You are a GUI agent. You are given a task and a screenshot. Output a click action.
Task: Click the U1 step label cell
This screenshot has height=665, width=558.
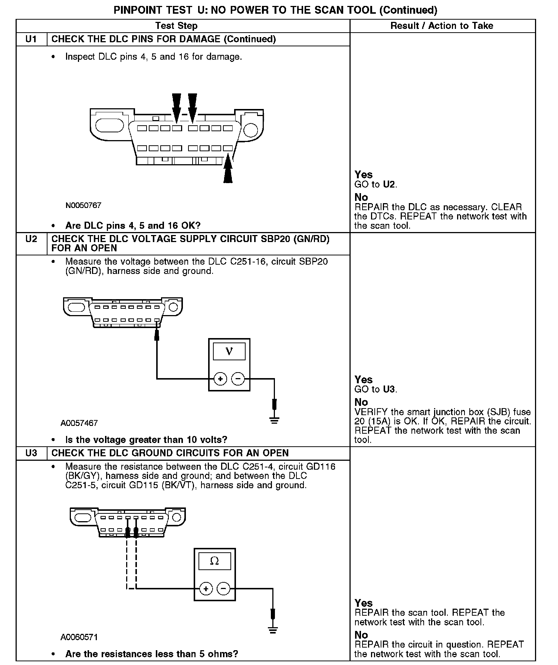pos(31,39)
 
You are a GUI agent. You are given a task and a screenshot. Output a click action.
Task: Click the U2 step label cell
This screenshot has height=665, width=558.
pos(31,239)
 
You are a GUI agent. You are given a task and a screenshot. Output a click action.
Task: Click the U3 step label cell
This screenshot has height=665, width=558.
pos(31,453)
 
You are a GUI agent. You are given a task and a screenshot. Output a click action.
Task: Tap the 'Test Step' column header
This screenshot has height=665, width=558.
pos(176,26)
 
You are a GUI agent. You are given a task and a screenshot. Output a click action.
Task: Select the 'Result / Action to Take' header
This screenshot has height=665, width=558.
pos(442,26)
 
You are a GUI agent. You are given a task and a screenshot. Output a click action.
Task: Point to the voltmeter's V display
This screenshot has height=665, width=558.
pos(229,351)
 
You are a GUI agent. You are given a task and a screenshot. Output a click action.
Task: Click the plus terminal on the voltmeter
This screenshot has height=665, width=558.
pos(220,379)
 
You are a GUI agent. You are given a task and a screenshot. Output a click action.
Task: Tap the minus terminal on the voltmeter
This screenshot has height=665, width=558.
pos(238,379)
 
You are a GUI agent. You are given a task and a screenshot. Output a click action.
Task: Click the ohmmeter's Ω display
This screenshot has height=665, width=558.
pos(214,561)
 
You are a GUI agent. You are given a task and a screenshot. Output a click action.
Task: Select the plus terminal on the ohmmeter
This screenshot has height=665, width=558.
pos(206,588)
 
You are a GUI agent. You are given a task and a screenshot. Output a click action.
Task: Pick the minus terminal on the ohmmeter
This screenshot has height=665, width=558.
pos(223,588)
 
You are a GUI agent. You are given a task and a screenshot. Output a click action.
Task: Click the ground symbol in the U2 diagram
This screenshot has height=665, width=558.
pos(274,420)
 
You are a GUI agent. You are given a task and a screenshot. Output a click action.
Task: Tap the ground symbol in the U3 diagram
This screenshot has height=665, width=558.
pos(273,630)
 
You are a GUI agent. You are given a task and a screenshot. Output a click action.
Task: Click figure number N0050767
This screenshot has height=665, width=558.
pos(83,205)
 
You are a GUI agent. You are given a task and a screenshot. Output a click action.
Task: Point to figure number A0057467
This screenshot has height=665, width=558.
pos(79,423)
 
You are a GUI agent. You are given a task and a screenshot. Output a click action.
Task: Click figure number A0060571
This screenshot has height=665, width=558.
pos(79,637)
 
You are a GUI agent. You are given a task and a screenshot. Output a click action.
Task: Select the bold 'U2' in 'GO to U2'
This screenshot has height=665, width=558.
pos(389,184)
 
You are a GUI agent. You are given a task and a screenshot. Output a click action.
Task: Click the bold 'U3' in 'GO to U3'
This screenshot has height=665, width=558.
pos(389,389)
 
